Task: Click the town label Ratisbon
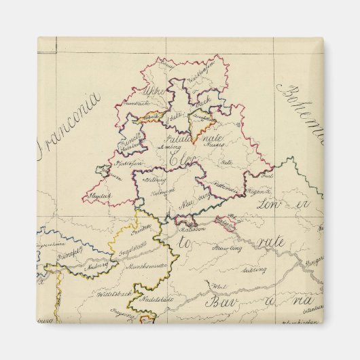(x=193, y=228)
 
